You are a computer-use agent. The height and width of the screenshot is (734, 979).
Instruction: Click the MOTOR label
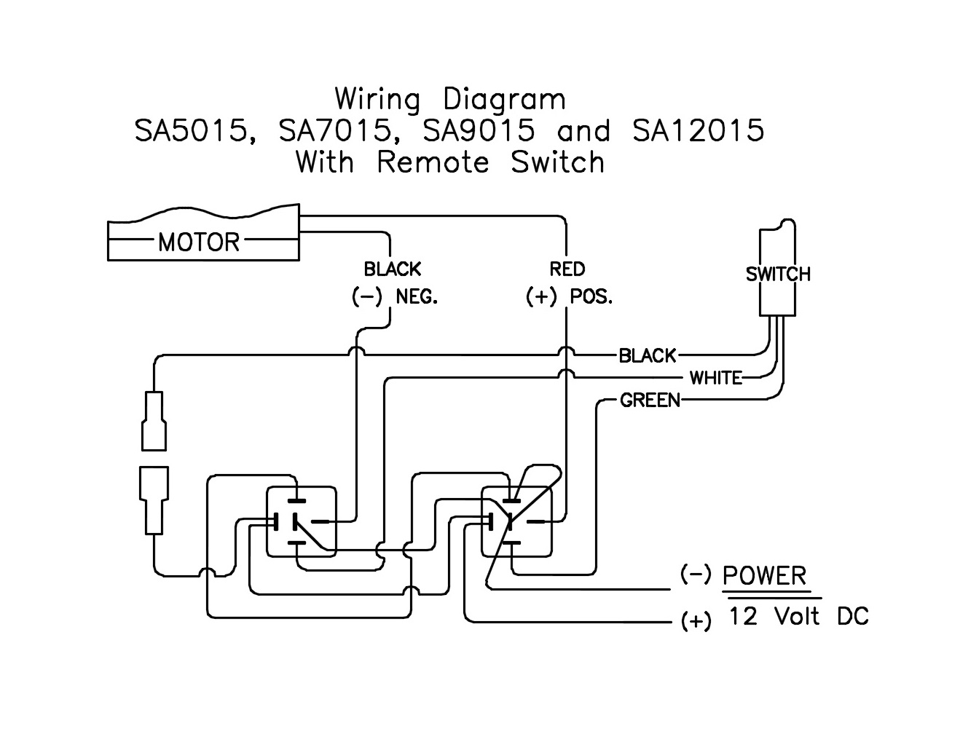coord(198,241)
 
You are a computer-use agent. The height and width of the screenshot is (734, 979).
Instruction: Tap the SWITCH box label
coord(778,275)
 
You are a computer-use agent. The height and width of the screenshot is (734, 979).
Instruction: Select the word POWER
coord(765,576)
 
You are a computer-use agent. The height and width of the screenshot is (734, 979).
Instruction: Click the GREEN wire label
coord(650,400)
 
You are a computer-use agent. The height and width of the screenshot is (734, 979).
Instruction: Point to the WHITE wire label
coord(716,378)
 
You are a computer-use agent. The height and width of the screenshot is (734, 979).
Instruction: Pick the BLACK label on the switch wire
coord(648,355)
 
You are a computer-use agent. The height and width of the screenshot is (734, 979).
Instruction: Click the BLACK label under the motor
coord(393,269)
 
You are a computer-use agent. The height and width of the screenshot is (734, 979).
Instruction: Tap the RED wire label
coord(567,269)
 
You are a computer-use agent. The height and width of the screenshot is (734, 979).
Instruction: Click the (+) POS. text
coord(570,297)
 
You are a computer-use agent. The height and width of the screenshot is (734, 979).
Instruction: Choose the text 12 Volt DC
coord(799,617)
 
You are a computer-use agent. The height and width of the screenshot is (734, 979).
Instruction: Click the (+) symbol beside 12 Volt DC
coord(696,621)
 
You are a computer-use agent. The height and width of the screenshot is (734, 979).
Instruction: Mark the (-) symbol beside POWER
coord(696,575)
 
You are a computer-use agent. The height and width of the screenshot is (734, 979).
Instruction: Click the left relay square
coord(302,521)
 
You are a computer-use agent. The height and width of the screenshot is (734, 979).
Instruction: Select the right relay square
coord(516,521)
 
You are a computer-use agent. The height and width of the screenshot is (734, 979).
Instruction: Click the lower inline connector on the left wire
coord(154,501)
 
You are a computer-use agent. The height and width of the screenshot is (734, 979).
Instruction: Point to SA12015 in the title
coord(698,131)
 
